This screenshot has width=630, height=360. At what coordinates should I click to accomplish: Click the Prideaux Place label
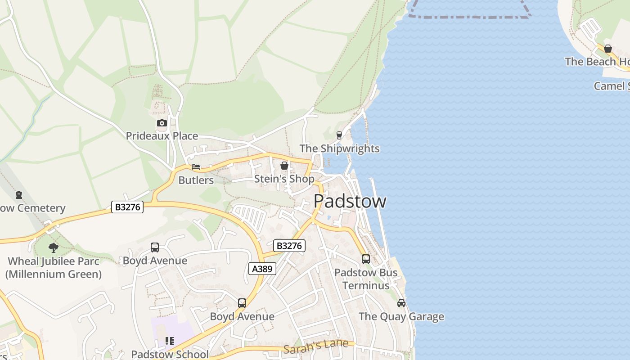pyautogui.click(x=162, y=136)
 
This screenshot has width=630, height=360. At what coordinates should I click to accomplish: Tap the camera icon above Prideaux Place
pyautogui.click(x=162, y=123)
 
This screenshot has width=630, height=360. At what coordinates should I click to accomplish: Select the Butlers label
pyautogui.click(x=196, y=180)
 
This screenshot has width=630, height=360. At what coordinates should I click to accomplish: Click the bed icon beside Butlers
pyautogui.click(x=196, y=167)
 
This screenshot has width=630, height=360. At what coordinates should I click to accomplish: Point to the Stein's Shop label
pyautogui.click(x=284, y=179)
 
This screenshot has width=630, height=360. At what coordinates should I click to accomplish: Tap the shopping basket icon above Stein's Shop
pyautogui.click(x=284, y=166)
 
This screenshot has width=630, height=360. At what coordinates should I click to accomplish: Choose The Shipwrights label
pyautogui.click(x=339, y=148)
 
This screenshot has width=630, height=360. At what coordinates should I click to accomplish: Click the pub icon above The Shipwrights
pyautogui.click(x=339, y=135)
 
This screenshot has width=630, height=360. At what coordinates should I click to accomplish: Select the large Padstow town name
pyautogui.click(x=350, y=201)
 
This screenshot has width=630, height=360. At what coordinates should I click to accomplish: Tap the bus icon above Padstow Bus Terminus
pyautogui.click(x=365, y=259)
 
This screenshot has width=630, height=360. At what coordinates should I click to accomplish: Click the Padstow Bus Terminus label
pyautogui.click(x=366, y=279)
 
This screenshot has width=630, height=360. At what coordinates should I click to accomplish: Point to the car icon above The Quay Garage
pyautogui.click(x=401, y=303)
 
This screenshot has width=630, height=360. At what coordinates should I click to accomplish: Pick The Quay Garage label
pyautogui.click(x=401, y=317)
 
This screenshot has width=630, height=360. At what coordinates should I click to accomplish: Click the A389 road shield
pyautogui.click(x=262, y=269)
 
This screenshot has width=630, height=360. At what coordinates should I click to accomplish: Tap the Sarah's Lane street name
pyautogui.click(x=316, y=345)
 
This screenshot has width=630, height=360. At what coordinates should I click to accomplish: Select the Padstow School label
pyautogui.click(x=170, y=354)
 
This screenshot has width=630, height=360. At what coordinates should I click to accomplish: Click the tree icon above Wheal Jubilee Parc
pyautogui.click(x=54, y=247)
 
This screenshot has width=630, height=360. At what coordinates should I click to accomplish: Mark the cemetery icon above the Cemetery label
pyautogui.click(x=19, y=195)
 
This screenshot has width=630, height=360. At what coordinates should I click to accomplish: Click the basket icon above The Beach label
pyautogui.click(x=608, y=49)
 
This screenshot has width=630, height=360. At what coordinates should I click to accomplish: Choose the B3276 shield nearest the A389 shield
pyautogui.click(x=289, y=246)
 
